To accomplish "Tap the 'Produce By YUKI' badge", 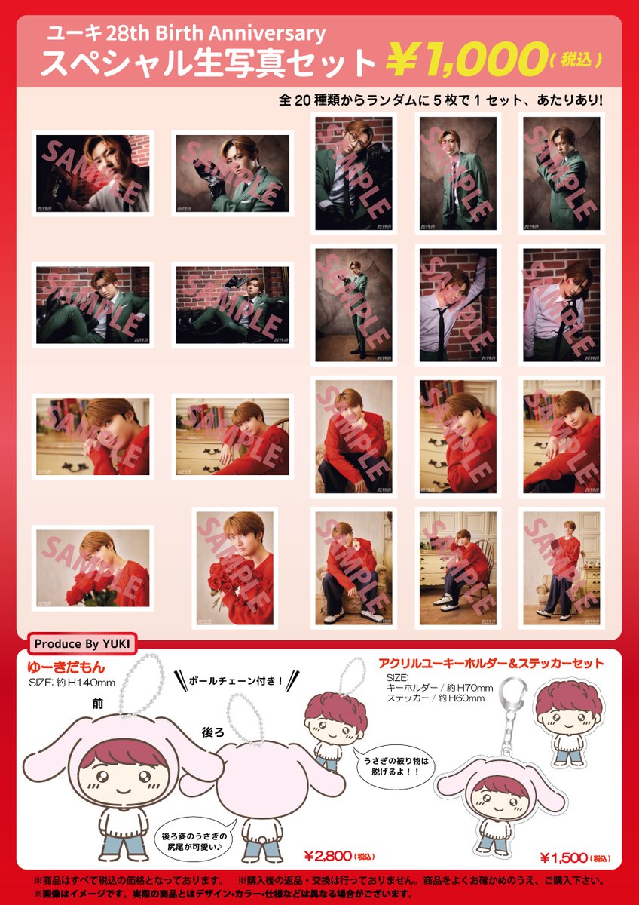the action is tap(82, 643).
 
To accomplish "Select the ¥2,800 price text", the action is tap(329, 856).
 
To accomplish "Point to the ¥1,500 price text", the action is tap(564, 857).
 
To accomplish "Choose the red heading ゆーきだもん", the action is tap(66, 667).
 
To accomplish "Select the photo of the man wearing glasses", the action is tap(353, 173).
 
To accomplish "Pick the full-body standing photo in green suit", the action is tap(353, 305).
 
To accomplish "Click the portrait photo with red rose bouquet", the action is tap(234, 568).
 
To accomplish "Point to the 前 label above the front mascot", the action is tap(98, 704).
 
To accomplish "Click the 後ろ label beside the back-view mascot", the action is tap(212, 732).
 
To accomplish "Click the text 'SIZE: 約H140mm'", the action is tap(72, 683).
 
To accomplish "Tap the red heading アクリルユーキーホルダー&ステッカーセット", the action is tap(491, 664).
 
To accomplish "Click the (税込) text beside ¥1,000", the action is tap(576, 60).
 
